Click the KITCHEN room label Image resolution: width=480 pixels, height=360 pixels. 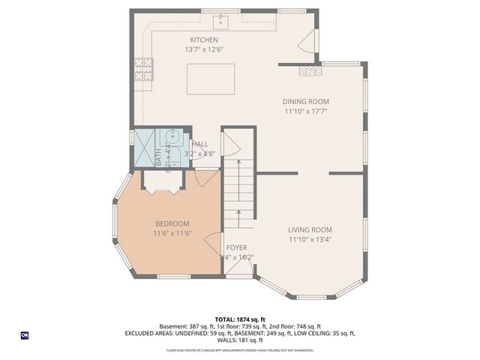point(204,40)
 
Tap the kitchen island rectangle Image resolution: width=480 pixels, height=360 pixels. point(211,79)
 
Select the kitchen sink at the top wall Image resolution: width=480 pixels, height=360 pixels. point(222,19)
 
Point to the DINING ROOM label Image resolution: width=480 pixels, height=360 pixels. point(305,102)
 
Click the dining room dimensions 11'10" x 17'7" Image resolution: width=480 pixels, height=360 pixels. point(305,112)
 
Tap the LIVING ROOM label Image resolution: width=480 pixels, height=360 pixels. point(310,230)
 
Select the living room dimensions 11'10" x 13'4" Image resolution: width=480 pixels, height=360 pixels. point(310,240)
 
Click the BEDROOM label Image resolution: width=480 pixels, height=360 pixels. point(172,223)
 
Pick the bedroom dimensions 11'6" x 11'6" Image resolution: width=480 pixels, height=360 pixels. point(172,233)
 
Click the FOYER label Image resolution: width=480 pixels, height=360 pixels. point(237,247)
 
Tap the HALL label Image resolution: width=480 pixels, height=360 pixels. point(200,144)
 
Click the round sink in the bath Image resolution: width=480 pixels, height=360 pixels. point(171,136)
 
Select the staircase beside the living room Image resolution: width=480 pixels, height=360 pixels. point(240,195)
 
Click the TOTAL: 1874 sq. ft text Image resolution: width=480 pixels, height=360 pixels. point(240,319)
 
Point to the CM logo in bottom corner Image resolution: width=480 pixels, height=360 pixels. point(24,334)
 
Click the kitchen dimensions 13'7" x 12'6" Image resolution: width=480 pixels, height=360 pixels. point(204,49)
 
